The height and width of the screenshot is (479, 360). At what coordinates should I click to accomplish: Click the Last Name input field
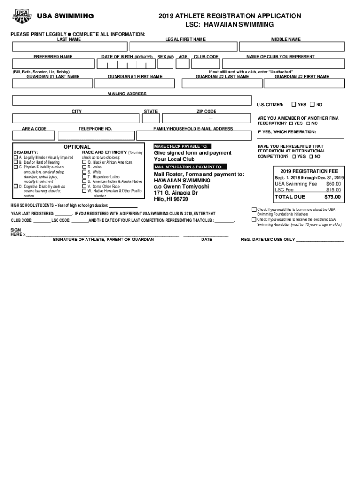point(70,47)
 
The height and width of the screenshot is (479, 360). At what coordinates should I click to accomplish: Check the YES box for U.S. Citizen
point(294,104)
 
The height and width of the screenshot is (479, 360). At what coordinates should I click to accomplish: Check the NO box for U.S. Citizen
point(312,104)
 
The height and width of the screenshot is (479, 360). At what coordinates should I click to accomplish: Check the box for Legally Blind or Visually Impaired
point(15,158)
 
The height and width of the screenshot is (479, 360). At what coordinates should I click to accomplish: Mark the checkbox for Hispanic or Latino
point(84,177)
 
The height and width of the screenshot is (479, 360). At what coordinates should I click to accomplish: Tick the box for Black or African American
point(84,162)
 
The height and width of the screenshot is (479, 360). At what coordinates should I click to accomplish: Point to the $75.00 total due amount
point(333,197)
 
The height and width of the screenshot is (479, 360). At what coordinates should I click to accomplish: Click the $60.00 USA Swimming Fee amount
point(333,184)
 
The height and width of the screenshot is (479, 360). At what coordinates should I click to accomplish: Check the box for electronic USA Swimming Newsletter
point(254,219)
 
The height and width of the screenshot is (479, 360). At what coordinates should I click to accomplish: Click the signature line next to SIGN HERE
point(103,234)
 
